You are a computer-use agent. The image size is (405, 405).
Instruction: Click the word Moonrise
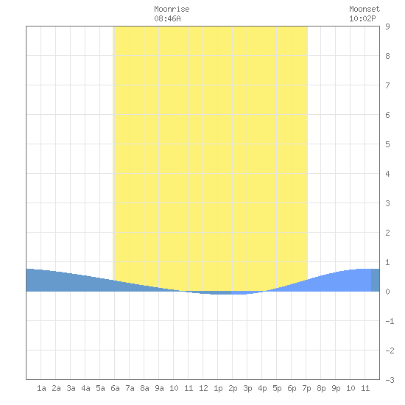172,9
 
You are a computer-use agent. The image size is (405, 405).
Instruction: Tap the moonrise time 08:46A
167,18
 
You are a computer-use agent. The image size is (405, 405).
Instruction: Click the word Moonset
364,9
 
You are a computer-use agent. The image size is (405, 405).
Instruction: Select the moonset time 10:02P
362,18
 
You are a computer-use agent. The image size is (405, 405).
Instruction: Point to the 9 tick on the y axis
387,27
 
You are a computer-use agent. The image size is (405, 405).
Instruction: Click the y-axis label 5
387,144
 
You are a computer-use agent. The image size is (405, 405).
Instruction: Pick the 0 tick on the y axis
387,292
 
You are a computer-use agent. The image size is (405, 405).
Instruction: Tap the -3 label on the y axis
390,380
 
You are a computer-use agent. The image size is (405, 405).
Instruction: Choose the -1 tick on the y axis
390,321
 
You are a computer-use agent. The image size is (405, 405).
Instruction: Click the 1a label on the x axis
41,388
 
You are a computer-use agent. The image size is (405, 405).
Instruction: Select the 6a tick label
115,388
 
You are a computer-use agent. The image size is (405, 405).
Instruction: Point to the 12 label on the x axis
203,388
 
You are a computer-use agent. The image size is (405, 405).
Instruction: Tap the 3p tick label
247,388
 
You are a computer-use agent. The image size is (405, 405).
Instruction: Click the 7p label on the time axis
306,388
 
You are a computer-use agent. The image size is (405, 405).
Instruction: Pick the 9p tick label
336,388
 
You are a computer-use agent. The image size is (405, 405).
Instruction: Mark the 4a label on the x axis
85,388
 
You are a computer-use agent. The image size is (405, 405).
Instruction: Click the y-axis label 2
387,233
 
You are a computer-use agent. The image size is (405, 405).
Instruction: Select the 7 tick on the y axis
387,85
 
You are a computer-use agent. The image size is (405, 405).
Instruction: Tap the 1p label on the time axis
218,388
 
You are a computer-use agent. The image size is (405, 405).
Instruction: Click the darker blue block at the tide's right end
376,280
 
